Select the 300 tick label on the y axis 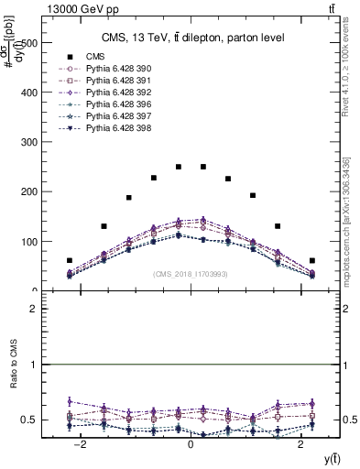pyautogui.click(x=27, y=142)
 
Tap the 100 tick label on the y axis pyautogui.click(x=27, y=242)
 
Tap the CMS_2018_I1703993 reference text pyautogui.click(x=190, y=274)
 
